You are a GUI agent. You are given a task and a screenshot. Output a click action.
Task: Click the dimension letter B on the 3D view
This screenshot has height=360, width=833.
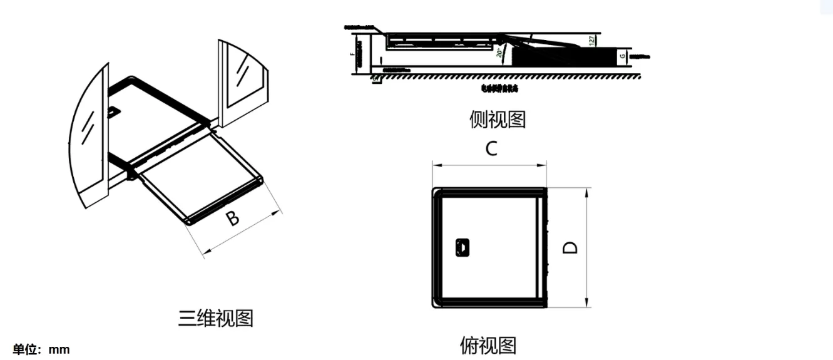coord(232,218)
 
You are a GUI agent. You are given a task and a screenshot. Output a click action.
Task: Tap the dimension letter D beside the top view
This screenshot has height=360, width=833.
coord(570,247)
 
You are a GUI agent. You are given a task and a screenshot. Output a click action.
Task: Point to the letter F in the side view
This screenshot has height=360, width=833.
coord(353,55)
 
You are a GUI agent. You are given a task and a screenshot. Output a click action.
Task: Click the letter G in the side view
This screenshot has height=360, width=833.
coord(622,56)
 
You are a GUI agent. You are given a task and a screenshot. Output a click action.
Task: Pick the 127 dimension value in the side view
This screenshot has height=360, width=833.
coord(592,41)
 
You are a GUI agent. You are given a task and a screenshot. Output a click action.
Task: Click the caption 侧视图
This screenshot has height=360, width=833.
coord(498,119)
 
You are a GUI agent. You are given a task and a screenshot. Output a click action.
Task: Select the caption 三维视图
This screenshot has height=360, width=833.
coord(216,318)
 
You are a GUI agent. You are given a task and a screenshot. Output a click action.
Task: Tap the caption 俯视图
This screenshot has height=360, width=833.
coord(488,345)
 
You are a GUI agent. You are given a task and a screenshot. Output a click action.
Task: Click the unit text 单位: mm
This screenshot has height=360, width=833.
coord(41,349)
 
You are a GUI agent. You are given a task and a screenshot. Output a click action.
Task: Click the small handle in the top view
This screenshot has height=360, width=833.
coord(462,247)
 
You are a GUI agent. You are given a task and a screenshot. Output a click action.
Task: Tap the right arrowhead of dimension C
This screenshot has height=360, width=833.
coord(544,166)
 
